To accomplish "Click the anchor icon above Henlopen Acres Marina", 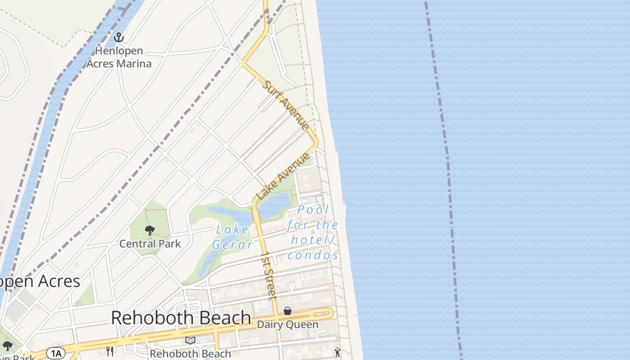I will (x=119, y=37).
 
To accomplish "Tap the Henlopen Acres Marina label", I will (x=119, y=57).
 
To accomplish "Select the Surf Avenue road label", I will (x=286, y=105).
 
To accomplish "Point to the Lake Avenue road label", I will (x=283, y=176).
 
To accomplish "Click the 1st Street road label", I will (x=269, y=275).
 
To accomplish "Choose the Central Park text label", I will (x=150, y=244).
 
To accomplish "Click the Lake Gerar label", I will (x=232, y=237).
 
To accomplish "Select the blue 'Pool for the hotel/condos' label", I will (x=313, y=233).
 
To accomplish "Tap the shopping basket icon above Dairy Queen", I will (x=287, y=311).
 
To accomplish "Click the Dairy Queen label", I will (x=288, y=324).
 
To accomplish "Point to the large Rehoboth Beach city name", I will (x=181, y=318).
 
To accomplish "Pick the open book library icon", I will (x=190, y=340).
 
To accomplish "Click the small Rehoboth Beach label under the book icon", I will (x=190, y=354).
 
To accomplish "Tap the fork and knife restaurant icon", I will (x=109, y=350).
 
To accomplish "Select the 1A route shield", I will (x=56, y=353).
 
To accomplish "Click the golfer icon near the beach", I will (x=337, y=352).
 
